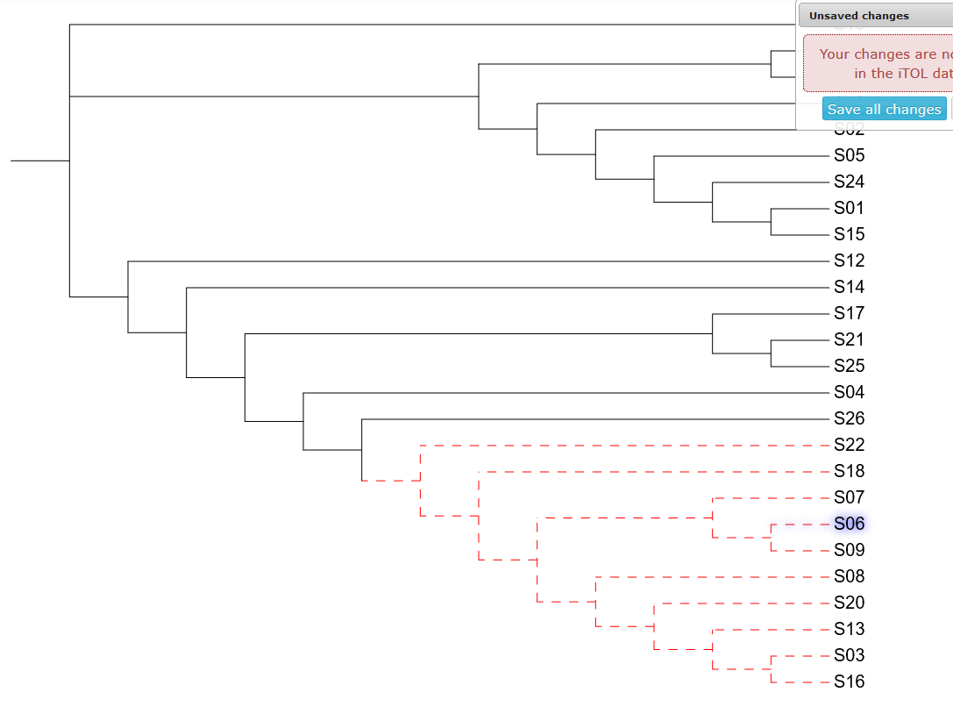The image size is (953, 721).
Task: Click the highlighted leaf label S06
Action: point(849,524)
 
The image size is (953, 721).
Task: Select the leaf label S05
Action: point(849,155)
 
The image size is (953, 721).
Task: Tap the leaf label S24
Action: point(849,182)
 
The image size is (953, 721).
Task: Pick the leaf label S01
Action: point(849,208)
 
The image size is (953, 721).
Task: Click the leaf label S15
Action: point(849,234)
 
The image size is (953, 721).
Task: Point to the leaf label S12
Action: point(849,261)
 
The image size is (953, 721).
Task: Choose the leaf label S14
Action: point(849,287)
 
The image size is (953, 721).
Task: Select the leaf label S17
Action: point(849,313)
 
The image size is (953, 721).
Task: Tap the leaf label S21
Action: point(849,339)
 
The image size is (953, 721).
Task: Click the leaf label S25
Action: point(849,366)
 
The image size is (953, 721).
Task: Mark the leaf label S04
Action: point(849,392)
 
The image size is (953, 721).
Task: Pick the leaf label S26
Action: point(849,418)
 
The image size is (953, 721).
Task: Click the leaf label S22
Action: point(849,445)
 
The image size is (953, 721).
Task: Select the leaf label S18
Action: point(849,471)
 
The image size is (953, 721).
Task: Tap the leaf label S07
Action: point(849,497)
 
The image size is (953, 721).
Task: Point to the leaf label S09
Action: point(849,550)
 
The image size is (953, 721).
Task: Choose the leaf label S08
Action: point(849,576)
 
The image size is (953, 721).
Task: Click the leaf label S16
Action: point(849,682)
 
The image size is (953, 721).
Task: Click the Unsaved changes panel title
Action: point(859,16)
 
